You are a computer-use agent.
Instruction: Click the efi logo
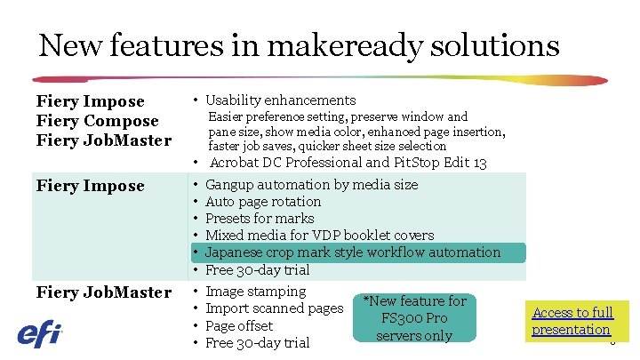[x=40, y=334]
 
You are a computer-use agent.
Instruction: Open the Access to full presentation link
[x=572, y=321]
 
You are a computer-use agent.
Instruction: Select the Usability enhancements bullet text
[x=281, y=100]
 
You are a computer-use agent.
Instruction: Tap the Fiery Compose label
[x=97, y=121]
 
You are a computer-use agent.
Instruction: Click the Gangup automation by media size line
[x=311, y=185]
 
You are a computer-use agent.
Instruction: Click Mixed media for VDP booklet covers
[x=319, y=236]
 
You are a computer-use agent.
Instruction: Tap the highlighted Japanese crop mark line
[x=353, y=252]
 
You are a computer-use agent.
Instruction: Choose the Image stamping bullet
[x=255, y=292]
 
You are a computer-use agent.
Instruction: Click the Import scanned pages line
[x=274, y=308]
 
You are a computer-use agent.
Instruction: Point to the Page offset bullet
[x=239, y=326]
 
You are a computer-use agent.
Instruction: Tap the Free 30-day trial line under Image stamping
[x=257, y=343]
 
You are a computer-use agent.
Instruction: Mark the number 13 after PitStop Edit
[x=479, y=163]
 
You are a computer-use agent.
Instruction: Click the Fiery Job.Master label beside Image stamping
[x=103, y=292]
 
